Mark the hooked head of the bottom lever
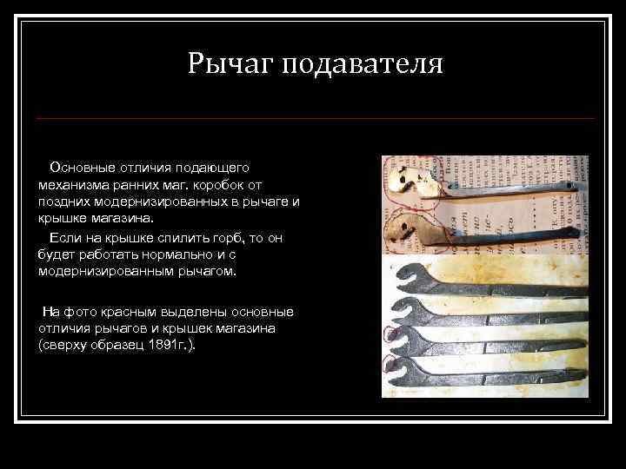click(406, 372)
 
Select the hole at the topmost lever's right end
click(570, 184)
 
